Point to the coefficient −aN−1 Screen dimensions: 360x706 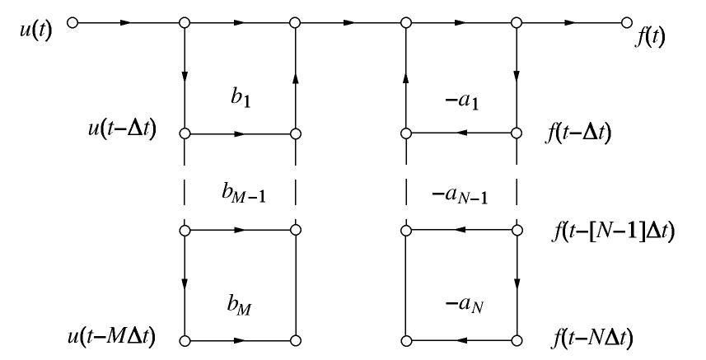(462, 194)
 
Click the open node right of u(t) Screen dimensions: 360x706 (72, 23)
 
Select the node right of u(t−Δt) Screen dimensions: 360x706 (185, 132)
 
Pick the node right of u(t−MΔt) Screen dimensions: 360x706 (185, 339)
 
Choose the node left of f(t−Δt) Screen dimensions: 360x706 (517, 132)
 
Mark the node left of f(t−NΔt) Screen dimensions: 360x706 (517, 339)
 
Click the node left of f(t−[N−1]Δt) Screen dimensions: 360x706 (517, 232)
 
